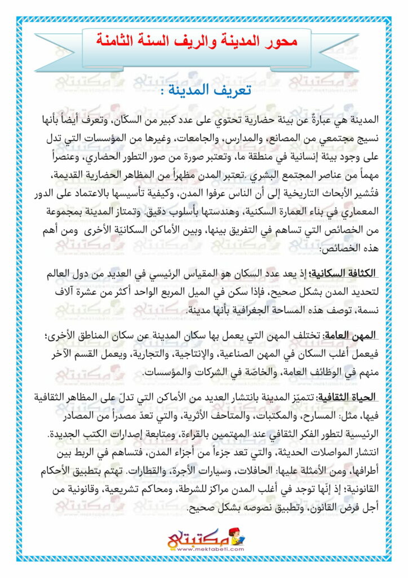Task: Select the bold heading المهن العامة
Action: tap(351, 335)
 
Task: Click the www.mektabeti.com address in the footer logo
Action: tap(206, 549)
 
